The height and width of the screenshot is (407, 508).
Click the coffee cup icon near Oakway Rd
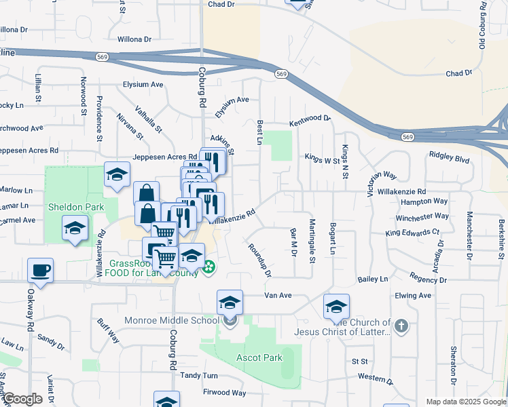click(39, 271)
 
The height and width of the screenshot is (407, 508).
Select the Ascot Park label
click(259, 357)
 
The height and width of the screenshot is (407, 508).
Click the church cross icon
click(401, 326)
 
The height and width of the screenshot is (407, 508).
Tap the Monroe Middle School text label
click(171, 320)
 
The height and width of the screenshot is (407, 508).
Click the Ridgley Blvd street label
click(449, 155)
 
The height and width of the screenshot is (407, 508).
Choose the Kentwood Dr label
click(309, 119)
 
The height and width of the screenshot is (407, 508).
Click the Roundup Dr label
click(259, 261)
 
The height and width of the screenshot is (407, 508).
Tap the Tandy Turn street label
click(199, 375)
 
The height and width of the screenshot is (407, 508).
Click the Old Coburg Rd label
click(482, 24)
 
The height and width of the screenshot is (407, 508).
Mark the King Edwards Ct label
click(412, 232)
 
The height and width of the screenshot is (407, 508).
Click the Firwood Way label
click(224, 392)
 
